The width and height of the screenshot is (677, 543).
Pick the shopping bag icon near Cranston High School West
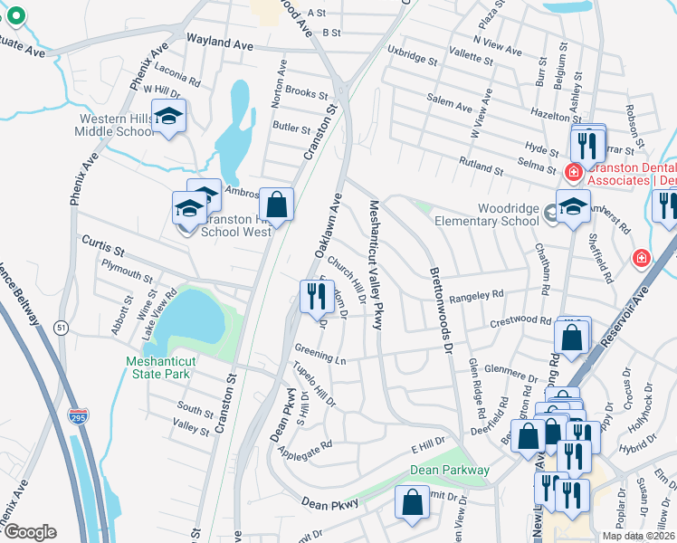pyautogui.click(x=277, y=205)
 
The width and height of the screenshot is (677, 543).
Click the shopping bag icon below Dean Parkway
pyautogui.click(x=412, y=504)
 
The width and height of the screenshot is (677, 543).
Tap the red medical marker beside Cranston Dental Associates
pyautogui.click(x=573, y=171)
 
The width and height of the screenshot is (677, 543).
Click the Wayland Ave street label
pyautogui.click(x=219, y=42)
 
